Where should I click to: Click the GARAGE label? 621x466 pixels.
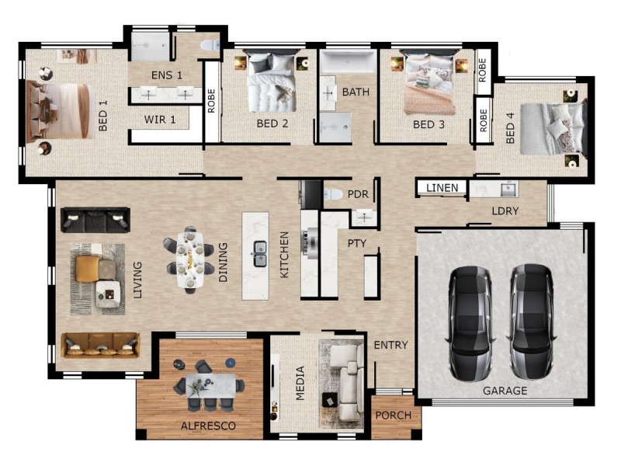(505, 391)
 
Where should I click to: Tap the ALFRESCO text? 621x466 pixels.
(208, 426)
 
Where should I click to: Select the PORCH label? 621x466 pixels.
(394, 416)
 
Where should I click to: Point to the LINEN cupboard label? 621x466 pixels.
(442, 187)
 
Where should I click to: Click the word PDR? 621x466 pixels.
(358, 194)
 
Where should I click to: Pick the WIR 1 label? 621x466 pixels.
(160, 120)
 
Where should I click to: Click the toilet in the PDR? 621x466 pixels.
(333, 194)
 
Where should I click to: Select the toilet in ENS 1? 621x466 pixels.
(210, 45)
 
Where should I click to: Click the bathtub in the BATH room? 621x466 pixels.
(348, 62)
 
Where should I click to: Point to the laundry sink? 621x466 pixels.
(509, 189)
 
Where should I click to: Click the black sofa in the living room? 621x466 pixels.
(95, 220)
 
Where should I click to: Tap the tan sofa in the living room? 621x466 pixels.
(100, 345)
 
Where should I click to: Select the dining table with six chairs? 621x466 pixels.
(189, 260)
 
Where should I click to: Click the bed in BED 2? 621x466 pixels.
(272, 81)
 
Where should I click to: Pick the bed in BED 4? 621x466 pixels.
(553, 128)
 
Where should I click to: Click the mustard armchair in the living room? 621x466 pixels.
(88, 269)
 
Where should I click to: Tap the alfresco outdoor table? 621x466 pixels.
(210, 385)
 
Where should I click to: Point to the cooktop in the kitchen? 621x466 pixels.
(309, 242)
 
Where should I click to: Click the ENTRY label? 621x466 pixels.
(390, 345)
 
